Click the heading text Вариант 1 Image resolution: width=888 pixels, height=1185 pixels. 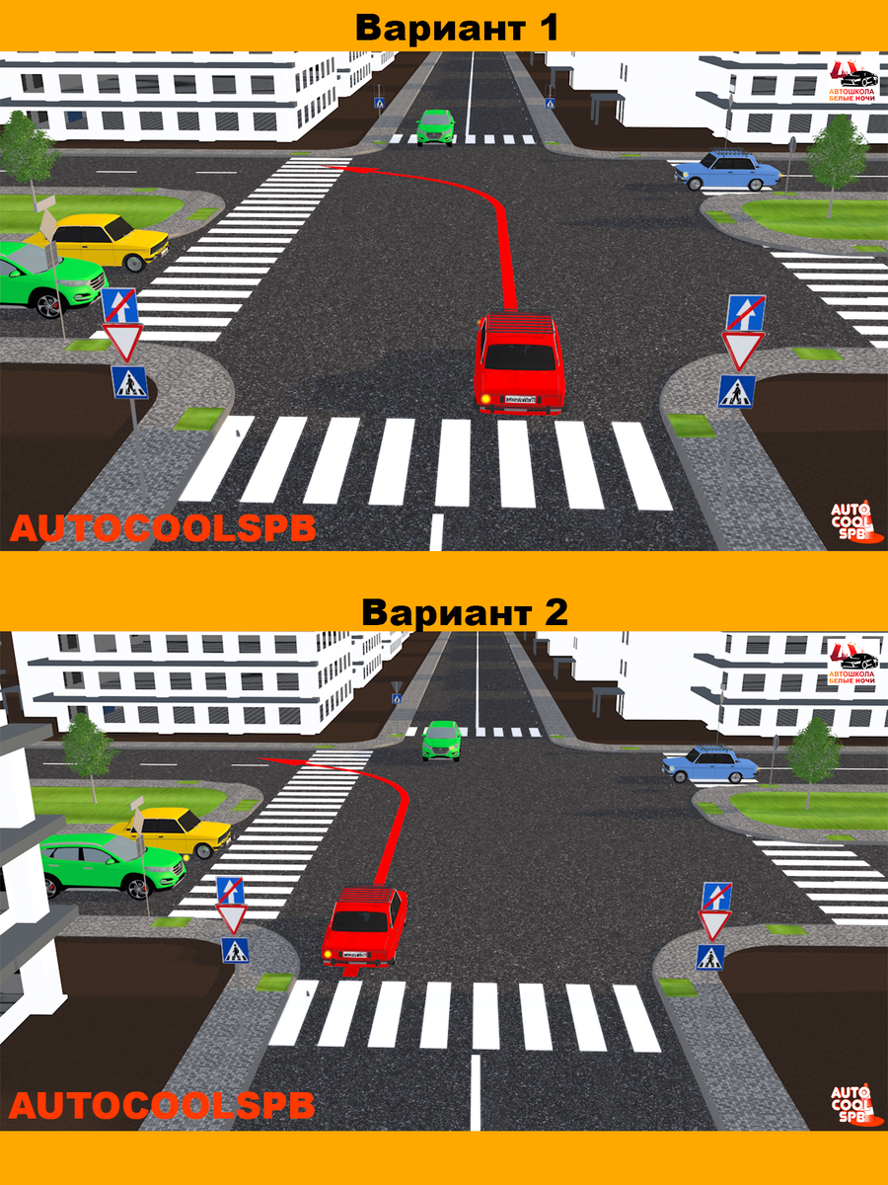click(457, 27)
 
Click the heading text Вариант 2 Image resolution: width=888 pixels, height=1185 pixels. click(464, 612)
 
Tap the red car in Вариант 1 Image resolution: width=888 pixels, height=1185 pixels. click(519, 363)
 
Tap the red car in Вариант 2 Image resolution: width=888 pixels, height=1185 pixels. click(364, 926)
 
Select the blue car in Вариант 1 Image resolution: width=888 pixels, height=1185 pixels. click(727, 171)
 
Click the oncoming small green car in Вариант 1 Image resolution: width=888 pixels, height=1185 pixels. click(435, 126)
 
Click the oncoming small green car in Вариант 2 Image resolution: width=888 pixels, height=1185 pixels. click(442, 740)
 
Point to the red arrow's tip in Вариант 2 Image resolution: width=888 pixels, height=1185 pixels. click(262, 759)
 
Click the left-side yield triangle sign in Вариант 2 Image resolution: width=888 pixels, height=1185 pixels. click(232, 918)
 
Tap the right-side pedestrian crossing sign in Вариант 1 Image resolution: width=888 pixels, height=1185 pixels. click(736, 392)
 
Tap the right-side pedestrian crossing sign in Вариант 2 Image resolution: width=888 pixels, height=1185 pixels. click(710, 957)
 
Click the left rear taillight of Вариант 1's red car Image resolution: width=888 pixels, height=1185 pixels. click(486, 397)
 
